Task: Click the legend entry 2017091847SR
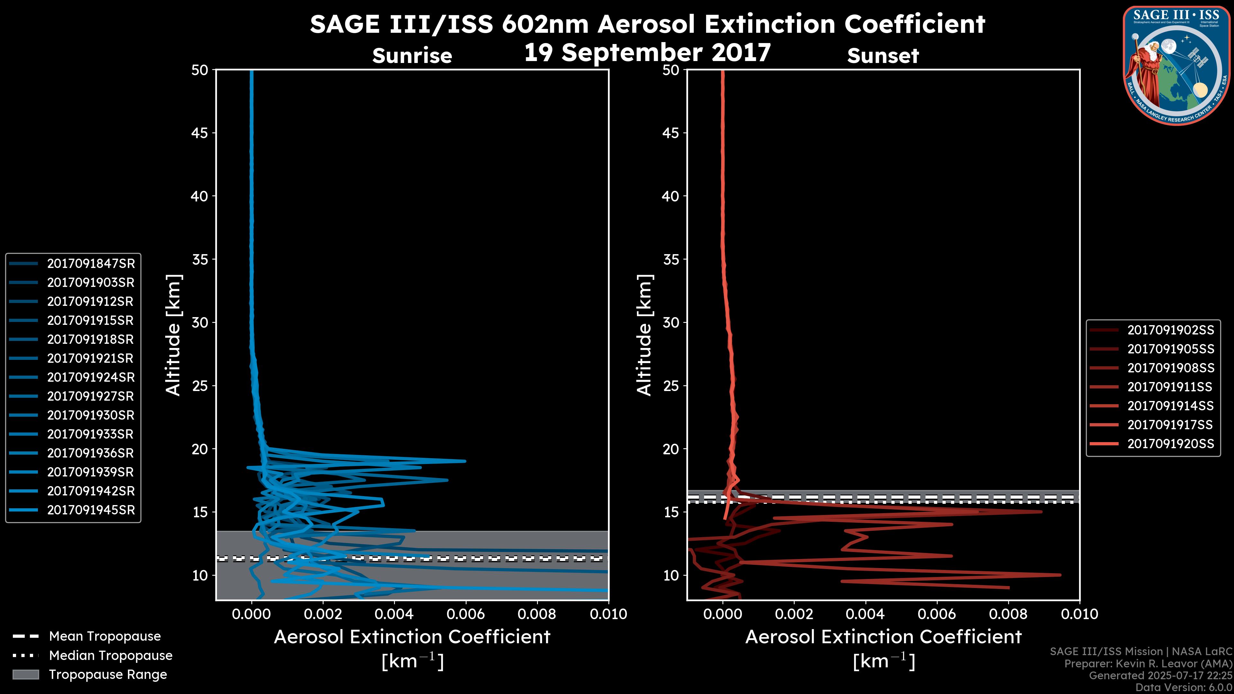tap(91, 263)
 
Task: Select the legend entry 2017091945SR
tap(91, 510)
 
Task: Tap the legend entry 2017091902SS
tap(1170, 330)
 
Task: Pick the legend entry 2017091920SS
tap(1170, 444)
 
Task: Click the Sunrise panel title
tap(412, 56)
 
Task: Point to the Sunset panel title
tap(883, 56)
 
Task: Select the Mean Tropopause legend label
tap(105, 636)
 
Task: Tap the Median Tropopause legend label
tap(111, 656)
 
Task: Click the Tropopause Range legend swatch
tap(26, 674)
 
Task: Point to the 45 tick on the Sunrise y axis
tap(200, 133)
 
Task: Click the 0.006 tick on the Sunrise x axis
tap(466, 614)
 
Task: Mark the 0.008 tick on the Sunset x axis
tap(1008, 614)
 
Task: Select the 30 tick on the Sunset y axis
tap(671, 322)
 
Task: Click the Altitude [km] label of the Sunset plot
tap(644, 335)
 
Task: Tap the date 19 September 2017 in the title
tap(647, 53)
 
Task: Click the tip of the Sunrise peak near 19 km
tap(465, 461)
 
